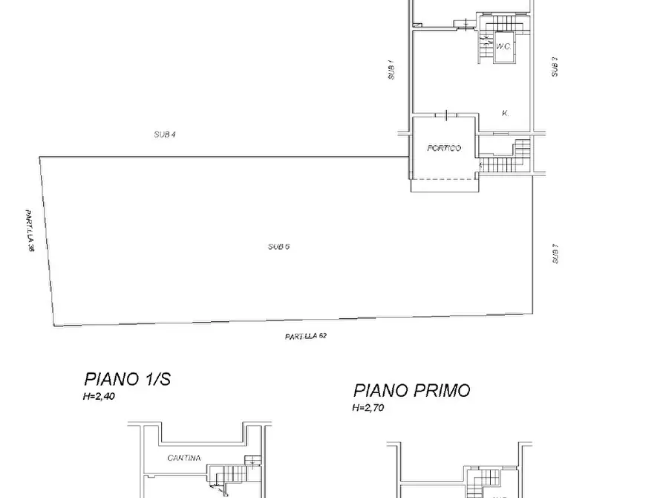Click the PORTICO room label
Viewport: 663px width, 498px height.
click(x=444, y=148)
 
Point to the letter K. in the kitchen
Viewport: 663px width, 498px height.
click(x=505, y=113)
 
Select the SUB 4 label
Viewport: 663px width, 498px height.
click(x=164, y=135)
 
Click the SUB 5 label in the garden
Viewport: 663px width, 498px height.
click(x=278, y=246)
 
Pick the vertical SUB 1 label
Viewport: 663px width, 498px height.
click(x=391, y=71)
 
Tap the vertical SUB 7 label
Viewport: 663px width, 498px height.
click(x=554, y=256)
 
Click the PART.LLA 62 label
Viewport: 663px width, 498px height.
click(x=305, y=336)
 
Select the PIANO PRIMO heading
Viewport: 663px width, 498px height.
click(x=411, y=390)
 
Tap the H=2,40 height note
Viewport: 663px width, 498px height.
click(x=99, y=397)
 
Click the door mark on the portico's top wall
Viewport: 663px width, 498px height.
click(x=445, y=114)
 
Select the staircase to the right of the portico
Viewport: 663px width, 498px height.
click(x=506, y=158)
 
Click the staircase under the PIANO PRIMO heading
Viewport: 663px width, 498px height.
click(x=486, y=479)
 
